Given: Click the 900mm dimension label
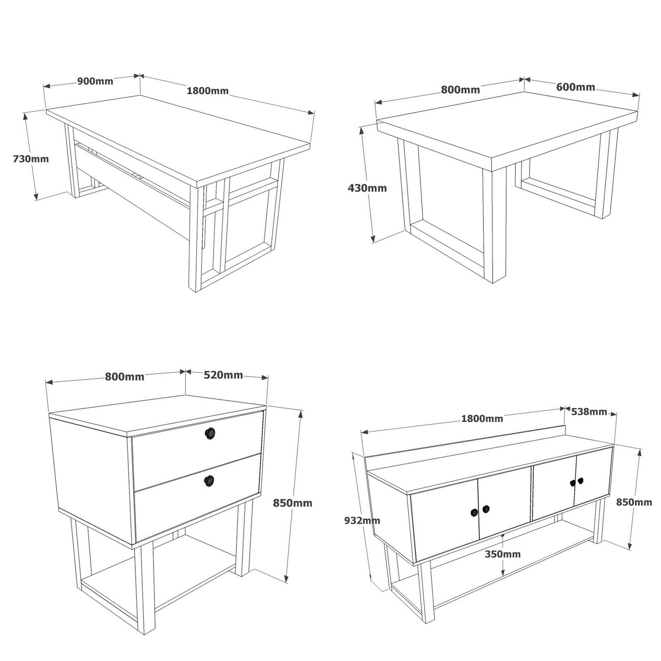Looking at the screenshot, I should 95,81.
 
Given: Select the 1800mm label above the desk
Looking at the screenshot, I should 208,90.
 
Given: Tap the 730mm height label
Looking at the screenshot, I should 31,159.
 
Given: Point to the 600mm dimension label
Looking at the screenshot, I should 575,87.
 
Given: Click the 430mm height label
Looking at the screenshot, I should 367,188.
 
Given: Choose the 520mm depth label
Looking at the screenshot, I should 223,375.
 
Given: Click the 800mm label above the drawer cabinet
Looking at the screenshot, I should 124,376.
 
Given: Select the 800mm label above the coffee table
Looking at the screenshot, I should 460,90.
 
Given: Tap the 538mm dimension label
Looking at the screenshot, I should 589,411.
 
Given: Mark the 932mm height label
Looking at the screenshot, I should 362,521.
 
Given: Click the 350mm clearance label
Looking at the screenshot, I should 503,554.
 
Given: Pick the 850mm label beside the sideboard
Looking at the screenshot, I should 634,502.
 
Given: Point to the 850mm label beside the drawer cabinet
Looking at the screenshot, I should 292,503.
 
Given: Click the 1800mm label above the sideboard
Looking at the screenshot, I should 482,418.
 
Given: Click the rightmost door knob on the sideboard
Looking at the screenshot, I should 580,480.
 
